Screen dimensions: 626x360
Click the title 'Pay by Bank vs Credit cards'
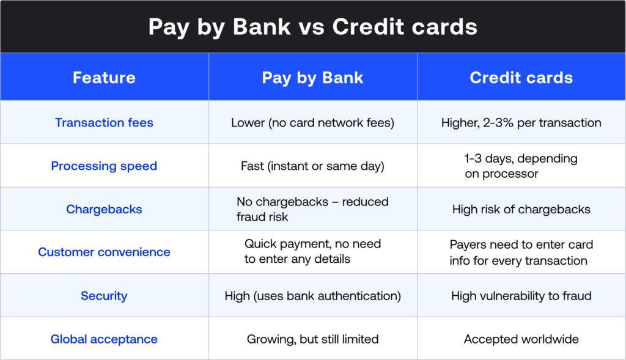tap(312, 27)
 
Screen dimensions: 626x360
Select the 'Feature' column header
tap(104, 78)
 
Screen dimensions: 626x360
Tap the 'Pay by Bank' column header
tap(312, 78)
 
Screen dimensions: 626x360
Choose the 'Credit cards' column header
tap(521, 78)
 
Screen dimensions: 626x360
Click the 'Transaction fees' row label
tap(104, 122)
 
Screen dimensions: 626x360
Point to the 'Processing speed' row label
tap(104, 166)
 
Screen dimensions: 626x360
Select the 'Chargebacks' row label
tap(104, 209)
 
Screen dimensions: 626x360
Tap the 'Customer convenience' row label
tap(104, 252)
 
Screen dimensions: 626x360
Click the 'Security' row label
tap(104, 296)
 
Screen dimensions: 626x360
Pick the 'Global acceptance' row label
tap(104, 339)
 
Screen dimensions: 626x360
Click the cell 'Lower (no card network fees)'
tap(312, 122)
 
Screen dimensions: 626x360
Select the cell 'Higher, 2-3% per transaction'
tap(521, 122)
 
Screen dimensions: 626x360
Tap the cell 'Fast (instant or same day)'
tap(312, 166)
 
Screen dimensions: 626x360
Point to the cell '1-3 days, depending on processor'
tap(521, 166)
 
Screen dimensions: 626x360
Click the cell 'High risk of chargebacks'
tap(521, 209)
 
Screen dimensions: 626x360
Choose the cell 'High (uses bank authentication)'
tap(312, 296)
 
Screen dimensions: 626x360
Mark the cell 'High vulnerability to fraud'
tap(521, 296)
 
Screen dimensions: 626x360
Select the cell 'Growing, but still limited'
tap(312, 339)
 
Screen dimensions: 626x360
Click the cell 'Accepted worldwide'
tap(521, 339)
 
